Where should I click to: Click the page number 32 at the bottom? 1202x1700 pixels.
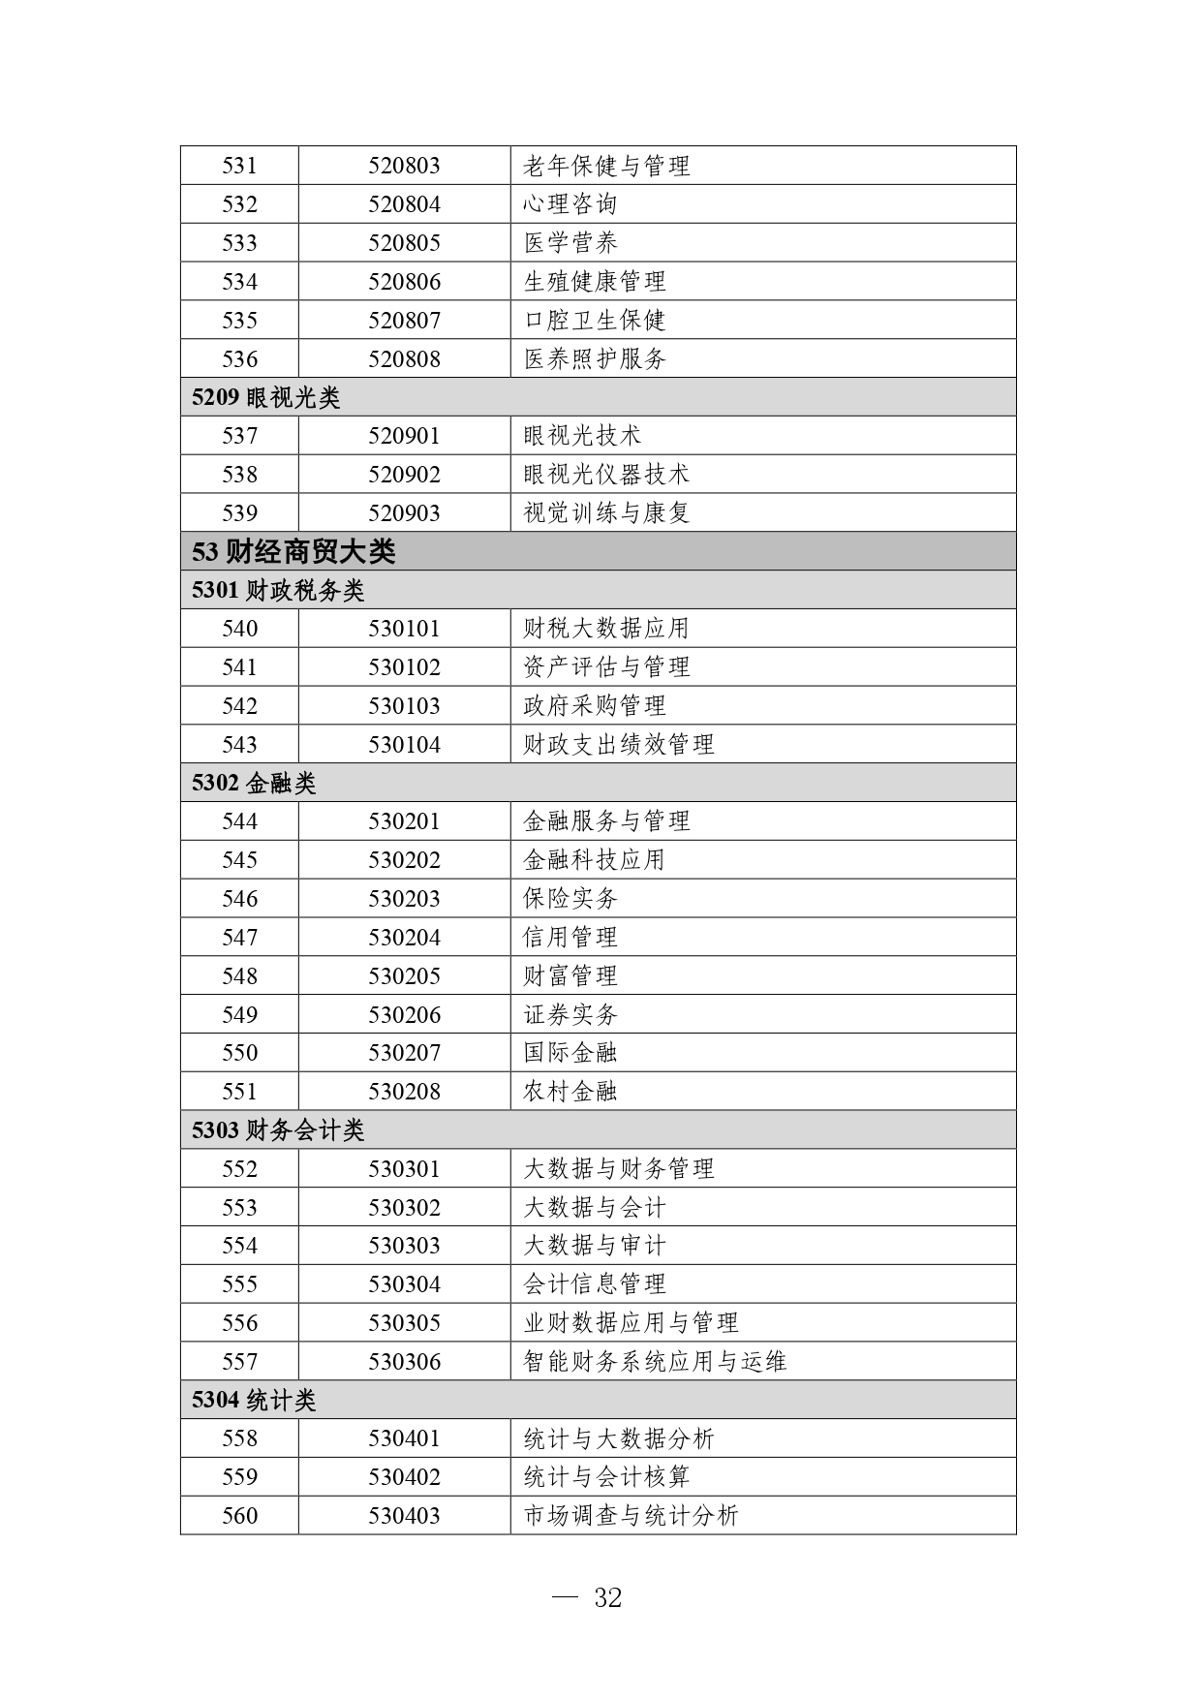pyautogui.click(x=607, y=1597)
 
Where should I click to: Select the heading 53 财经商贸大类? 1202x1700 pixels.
pyautogui.click(x=294, y=551)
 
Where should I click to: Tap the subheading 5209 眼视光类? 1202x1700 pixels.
pyautogui.click(x=266, y=397)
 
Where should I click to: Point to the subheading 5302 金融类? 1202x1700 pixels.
pyautogui.click(x=254, y=783)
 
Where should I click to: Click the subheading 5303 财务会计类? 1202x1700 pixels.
pyautogui.click(x=278, y=1129)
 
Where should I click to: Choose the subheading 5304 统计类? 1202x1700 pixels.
pyautogui.click(x=254, y=1400)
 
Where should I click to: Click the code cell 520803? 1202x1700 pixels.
pyautogui.click(x=404, y=166)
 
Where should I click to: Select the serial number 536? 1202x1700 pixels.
pyautogui.click(x=239, y=358)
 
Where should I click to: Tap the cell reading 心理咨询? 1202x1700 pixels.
pyautogui.click(x=570, y=204)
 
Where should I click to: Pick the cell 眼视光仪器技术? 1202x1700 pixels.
pyautogui.click(x=606, y=475)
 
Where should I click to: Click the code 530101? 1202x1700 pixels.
pyautogui.click(x=404, y=629)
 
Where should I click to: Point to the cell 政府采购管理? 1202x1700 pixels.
pyautogui.click(x=595, y=706)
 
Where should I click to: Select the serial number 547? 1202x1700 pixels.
pyautogui.click(x=239, y=938)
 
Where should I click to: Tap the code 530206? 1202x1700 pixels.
pyautogui.click(x=404, y=1014)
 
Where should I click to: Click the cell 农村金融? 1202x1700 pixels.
pyautogui.click(x=570, y=1092)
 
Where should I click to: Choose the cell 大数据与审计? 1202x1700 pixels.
pyautogui.click(x=595, y=1246)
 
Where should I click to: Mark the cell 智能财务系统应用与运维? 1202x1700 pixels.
pyautogui.click(x=655, y=1361)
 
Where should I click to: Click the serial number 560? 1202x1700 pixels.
pyautogui.click(x=239, y=1515)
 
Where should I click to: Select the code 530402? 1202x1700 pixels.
pyautogui.click(x=404, y=1477)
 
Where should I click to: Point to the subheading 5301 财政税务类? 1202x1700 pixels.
pyautogui.click(x=278, y=590)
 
